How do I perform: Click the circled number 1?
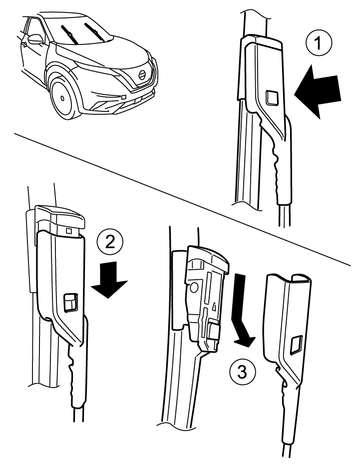pyautogui.click(x=319, y=43)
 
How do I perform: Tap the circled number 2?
pyautogui.click(x=110, y=243)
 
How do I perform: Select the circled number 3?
pyautogui.click(x=243, y=372)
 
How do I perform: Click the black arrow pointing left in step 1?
pyautogui.click(x=318, y=92)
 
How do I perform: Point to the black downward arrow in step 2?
pyautogui.click(x=109, y=279)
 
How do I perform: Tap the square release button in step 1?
pyautogui.click(x=272, y=97)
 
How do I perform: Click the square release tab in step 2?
pyautogui.click(x=71, y=302)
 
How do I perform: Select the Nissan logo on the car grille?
pyautogui.click(x=142, y=75)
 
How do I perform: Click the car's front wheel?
pyautogui.click(x=63, y=97)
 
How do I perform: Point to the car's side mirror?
pyautogui.click(x=36, y=39)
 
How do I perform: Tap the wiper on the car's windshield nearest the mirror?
pyautogui.click(x=69, y=34)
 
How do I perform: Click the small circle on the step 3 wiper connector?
pyautogui.click(x=193, y=288)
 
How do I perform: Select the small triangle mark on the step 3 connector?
pyautogui.click(x=215, y=305)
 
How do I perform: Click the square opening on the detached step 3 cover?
pyautogui.click(x=296, y=345)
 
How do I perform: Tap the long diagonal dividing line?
pyautogui.click(x=182, y=199)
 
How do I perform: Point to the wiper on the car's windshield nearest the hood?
pyautogui.click(x=94, y=32)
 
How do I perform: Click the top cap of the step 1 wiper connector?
pyautogui.click(x=262, y=41)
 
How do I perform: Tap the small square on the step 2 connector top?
pyautogui.click(x=70, y=230)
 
